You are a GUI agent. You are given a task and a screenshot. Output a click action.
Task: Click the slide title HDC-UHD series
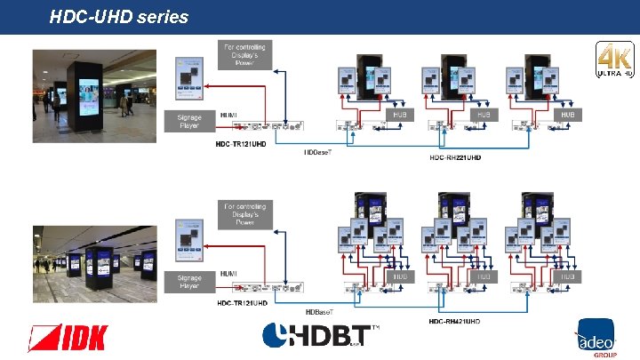pos(119,16)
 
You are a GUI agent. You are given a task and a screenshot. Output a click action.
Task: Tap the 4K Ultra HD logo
pos(614,61)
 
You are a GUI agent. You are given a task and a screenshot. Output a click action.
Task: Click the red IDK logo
pos(68,338)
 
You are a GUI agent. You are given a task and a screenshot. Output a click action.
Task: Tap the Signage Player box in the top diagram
pos(189,121)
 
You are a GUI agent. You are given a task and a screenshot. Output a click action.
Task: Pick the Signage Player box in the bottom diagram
pos(189,281)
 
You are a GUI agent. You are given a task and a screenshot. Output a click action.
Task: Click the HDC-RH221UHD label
pos(455,157)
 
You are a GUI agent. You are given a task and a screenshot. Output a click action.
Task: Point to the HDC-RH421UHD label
pos(454,320)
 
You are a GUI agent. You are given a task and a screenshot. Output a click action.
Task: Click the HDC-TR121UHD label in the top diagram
pos(243,143)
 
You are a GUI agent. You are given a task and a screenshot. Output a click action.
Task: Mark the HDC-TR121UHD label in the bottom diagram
pos(243,303)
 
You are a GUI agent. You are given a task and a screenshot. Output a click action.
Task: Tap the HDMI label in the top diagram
pos(228,115)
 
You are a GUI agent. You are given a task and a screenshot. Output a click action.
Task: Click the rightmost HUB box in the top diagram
pos(566,116)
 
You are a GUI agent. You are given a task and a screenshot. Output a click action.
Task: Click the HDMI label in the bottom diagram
pos(228,273)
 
